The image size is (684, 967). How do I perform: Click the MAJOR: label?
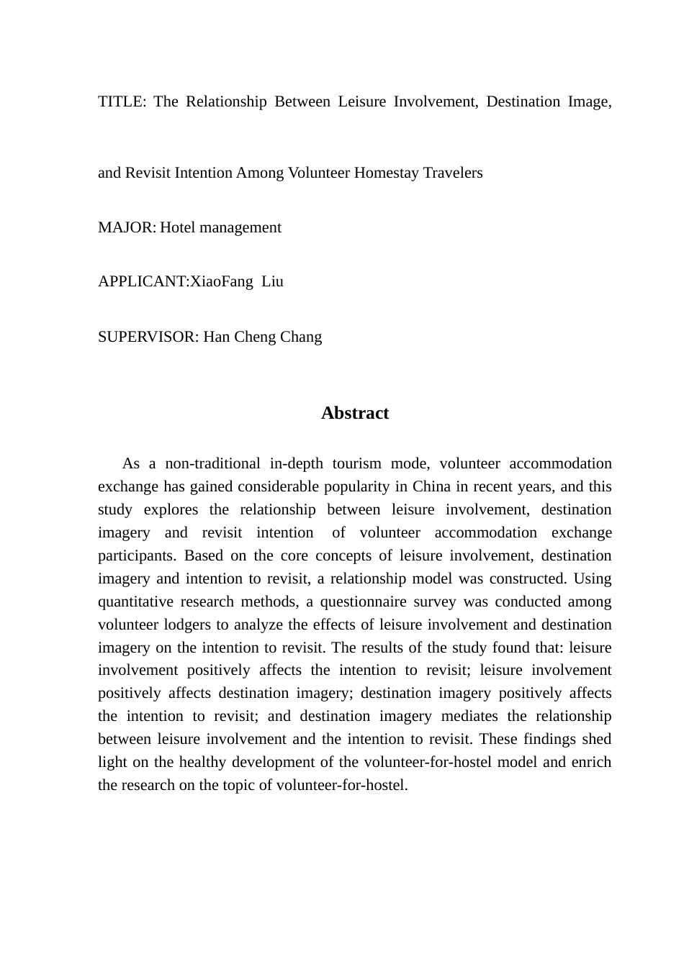(127, 227)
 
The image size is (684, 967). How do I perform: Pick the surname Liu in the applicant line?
(272, 281)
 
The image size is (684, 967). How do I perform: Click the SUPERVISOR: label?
(148, 337)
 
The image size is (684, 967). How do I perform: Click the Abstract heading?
(355, 413)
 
